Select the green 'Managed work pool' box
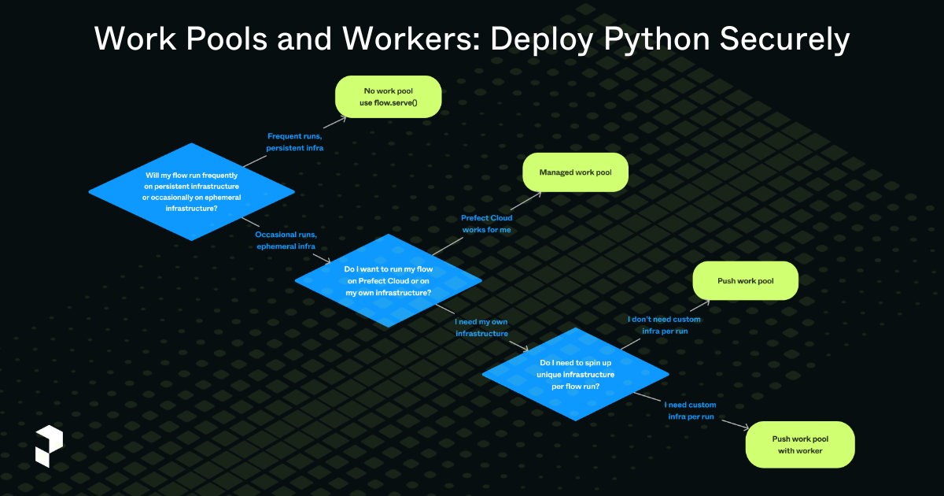click(575, 172)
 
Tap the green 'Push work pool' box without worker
click(744, 281)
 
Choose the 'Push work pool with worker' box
click(799, 445)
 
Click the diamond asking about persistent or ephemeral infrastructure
click(192, 192)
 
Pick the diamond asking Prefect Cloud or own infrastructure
click(388, 281)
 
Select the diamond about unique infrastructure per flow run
click(575, 375)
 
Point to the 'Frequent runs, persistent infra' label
click(295, 142)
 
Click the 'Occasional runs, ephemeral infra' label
click(286, 240)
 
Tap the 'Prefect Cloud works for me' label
click(486, 223)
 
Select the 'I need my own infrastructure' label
click(481, 328)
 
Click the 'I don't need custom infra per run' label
click(664, 325)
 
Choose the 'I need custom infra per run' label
click(690, 410)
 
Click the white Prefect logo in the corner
click(48, 446)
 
